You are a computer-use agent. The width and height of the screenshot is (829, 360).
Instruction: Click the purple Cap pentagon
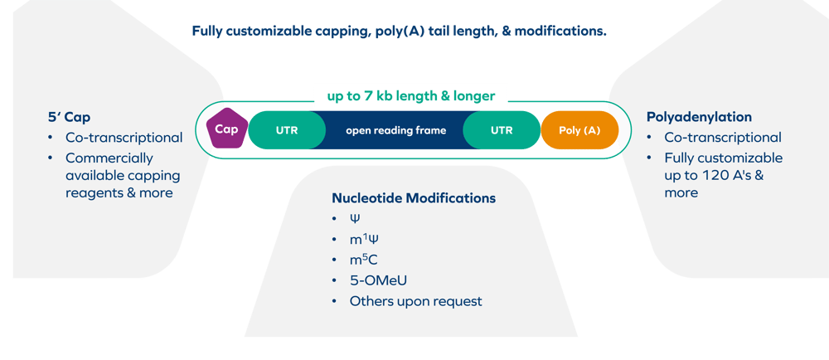[225, 129]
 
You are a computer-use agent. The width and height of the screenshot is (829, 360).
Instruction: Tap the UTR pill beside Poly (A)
[502, 130]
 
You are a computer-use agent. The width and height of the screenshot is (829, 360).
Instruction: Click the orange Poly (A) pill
[580, 130]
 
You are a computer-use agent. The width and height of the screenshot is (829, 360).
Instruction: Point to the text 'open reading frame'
[395, 130]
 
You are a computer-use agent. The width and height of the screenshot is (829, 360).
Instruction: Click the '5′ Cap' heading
[69, 118]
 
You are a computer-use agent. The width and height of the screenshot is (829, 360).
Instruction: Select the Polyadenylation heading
[699, 118]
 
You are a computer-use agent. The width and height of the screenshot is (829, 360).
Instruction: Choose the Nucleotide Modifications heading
[414, 198]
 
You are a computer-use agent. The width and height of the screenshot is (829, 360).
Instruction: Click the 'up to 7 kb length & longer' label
[410, 95]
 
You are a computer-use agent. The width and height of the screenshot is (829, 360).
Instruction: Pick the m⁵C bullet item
[365, 260]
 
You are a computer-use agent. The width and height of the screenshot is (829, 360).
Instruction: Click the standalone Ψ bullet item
[356, 219]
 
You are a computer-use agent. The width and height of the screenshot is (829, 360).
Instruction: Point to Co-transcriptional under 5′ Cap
[124, 138]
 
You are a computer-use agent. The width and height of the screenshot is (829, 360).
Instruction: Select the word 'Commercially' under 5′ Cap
[109, 158]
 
